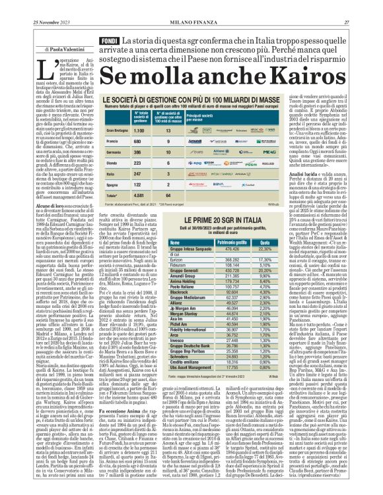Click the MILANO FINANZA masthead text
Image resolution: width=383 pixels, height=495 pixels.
192,5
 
